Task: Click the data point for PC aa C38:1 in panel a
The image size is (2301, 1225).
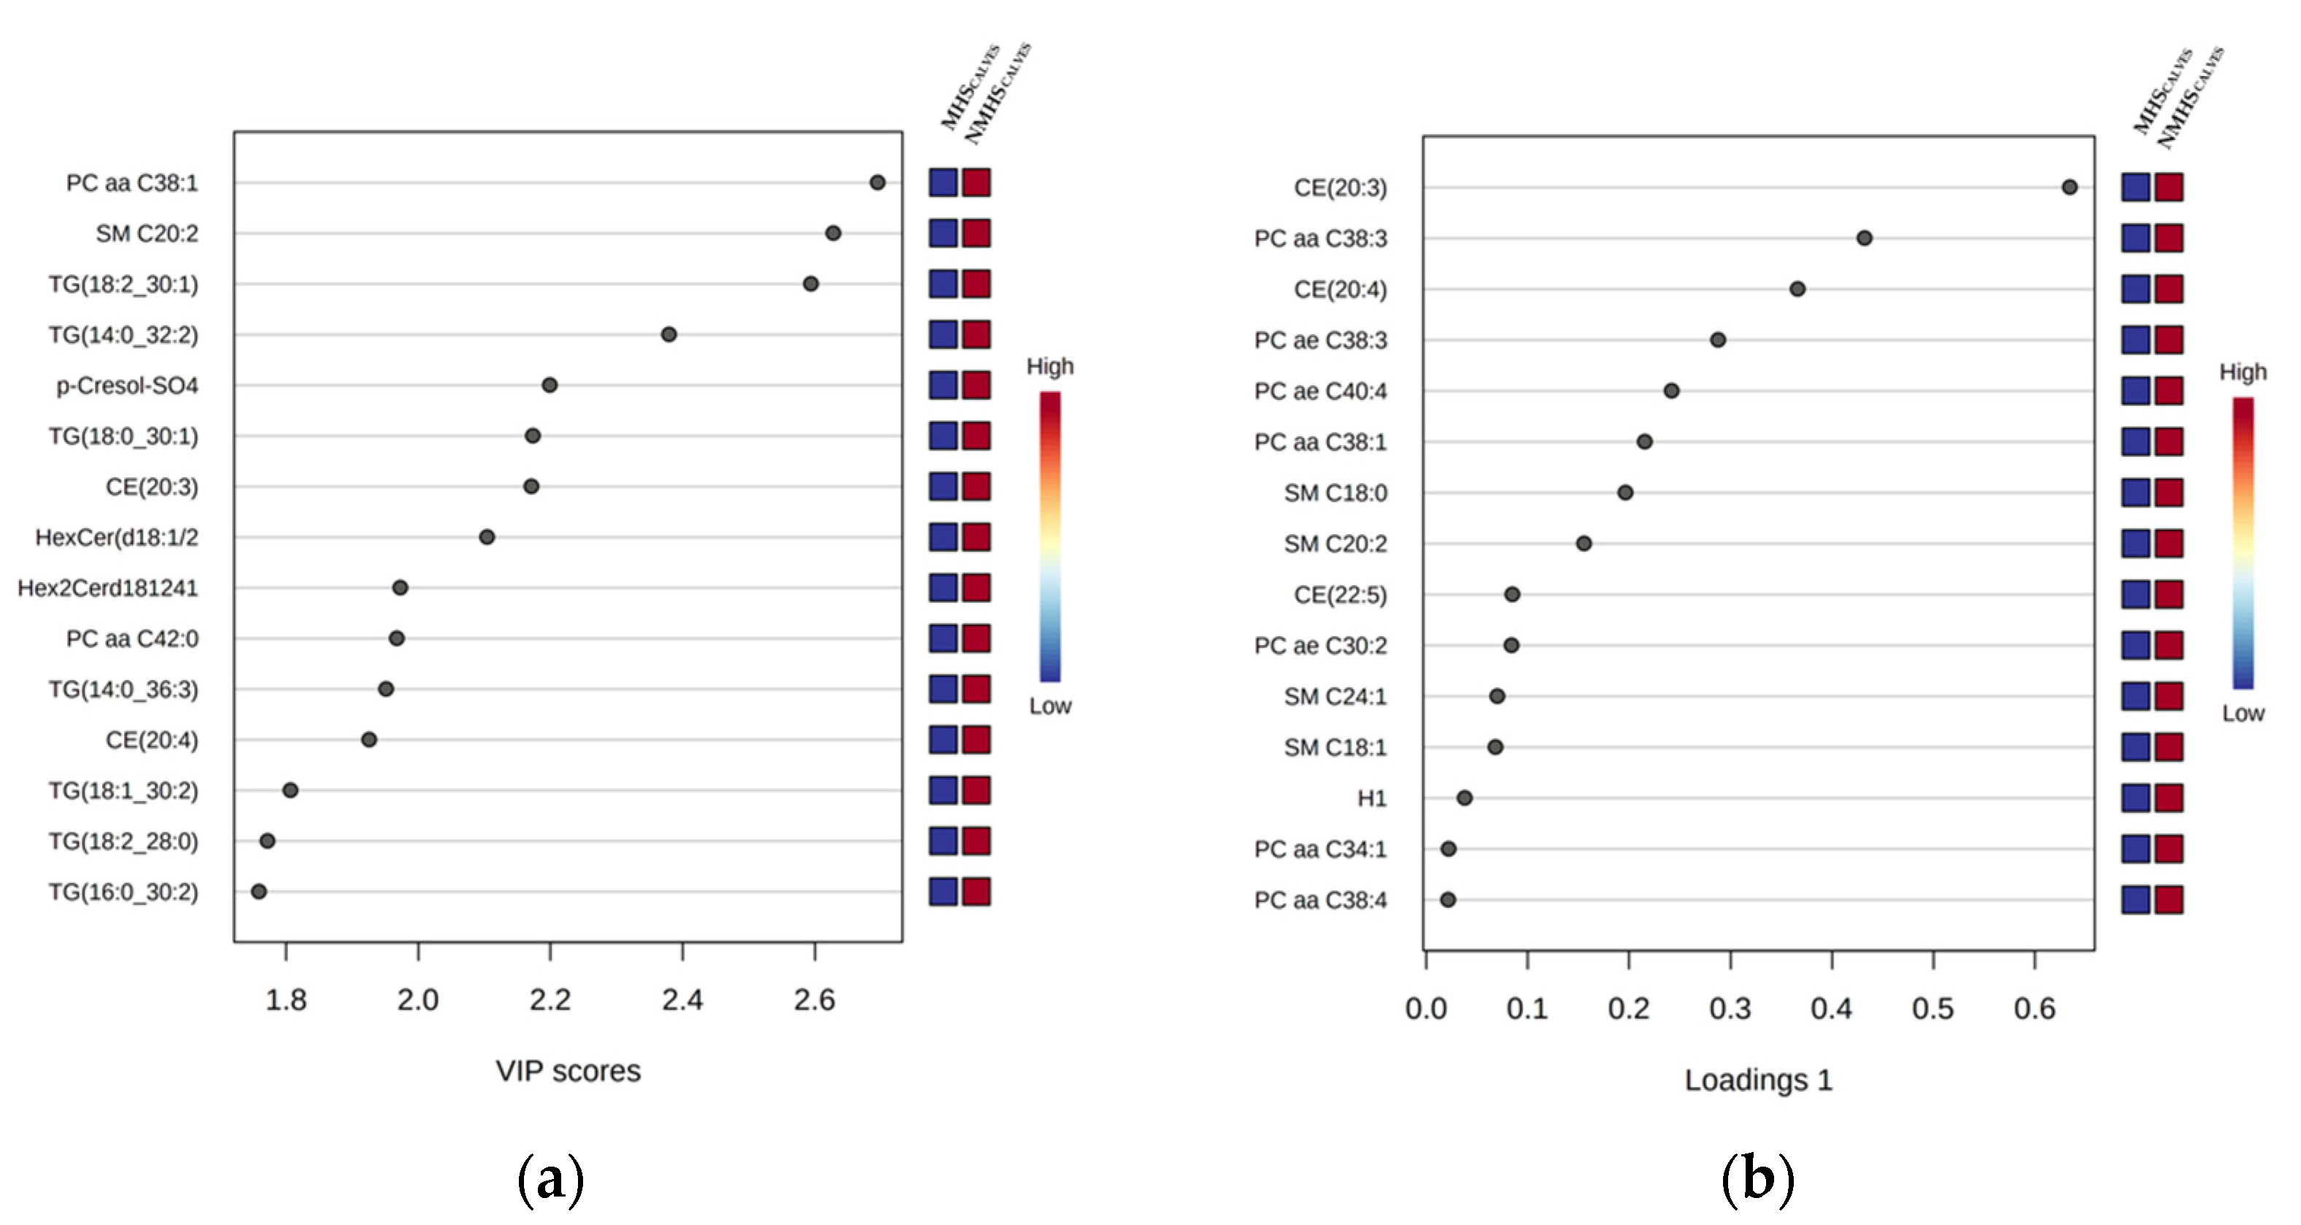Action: pyautogui.click(x=877, y=182)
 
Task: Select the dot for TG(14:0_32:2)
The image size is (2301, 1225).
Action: pyautogui.click(x=668, y=334)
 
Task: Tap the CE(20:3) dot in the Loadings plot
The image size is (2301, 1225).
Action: pyautogui.click(x=2069, y=187)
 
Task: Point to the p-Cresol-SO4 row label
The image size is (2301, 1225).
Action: pyautogui.click(x=127, y=386)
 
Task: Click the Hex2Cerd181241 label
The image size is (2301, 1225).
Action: pyautogui.click(x=107, y=588)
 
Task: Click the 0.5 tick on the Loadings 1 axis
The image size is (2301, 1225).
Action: pyautogui.click(x=1933, y=1008)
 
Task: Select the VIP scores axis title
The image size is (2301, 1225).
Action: pyautogui.click(x=568, y=1070)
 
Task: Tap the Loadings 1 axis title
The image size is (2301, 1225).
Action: pyautogui.click(x=1758, y=1080)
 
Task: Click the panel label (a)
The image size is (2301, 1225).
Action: pyautogui.click(x=550, y=1178)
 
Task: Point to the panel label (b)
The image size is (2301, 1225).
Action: pyautogui.click(x=1757, y=1178)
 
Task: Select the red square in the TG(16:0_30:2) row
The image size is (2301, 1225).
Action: pyautogui.click(x=976, y=891)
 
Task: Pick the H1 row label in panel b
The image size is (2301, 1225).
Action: pyautogui.click(x=1372, y=798)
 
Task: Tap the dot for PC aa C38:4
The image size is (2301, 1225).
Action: pyautogui.click(x=1448, y=899)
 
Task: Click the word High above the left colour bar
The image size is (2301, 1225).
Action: pyautogui.click(x=1049, y=366)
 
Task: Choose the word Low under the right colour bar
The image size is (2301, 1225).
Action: pyautogui.click(x=2243, y=714)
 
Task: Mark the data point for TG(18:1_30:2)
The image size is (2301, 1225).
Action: pyautogui.click(x=290, y=790)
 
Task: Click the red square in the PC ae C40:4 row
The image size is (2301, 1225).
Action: pyautogui.click(x=2169, y=390)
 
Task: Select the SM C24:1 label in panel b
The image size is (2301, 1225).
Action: pyautogui.click(x=1335, y=697)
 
